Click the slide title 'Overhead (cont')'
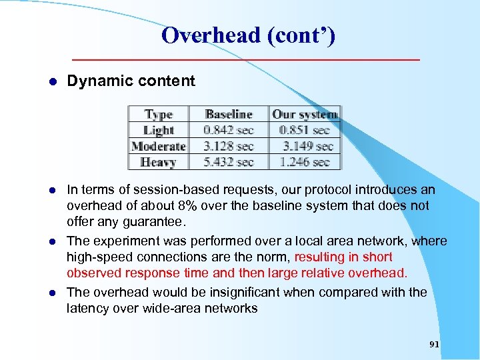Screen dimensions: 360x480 pyautogui.click(x=248, y=35)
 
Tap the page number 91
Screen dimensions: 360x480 pyautogui.click(x=434, y=344)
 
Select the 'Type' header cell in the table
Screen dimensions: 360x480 pyautogui.click(x=159, y=115)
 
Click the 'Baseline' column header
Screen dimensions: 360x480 pyautogui.click(x=229, y=115)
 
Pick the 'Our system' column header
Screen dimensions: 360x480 pyautogui.click(x=305, y=115)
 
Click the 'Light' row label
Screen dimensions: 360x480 pyautogui.click(x=159, y=130)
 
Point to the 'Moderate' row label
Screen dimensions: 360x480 pyautogui.click(x=159, y=146)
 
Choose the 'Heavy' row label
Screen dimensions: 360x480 pyautogui.click(x=159, y=162)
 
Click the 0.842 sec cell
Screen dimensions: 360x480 pyautogui.click(x=229, y=130)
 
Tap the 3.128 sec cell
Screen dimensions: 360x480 pyautogui.click(x=229, y=146)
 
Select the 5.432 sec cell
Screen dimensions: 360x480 pyautogui.click(x=229, y=162)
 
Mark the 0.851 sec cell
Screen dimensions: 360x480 pyautogui.click(x=305, y=130)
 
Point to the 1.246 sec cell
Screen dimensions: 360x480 pyautogui.click(x=305, y=162)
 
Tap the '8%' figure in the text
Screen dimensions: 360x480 pyautogui.click(x=187, y=206)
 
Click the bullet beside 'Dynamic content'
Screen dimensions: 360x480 pyautogui.click(x=53, y=81)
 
